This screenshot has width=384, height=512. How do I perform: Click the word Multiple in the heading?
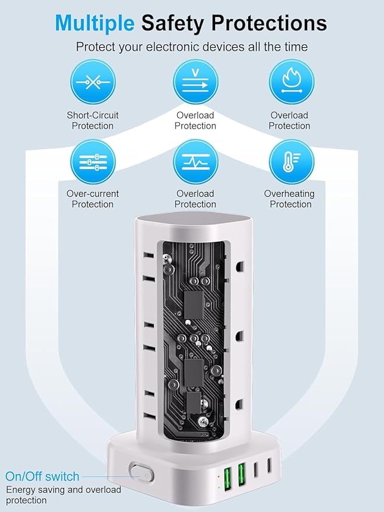click(x=95, y=23)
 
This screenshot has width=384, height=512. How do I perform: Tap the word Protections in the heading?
click(x=269, y=23)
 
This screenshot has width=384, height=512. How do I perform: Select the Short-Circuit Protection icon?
click(x=93, y=82)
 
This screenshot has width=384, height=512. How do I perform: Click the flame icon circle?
click(x=291, y=82)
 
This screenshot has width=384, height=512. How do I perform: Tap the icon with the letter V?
click(x=195, y=82)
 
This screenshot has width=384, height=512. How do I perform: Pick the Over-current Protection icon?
click(x=93, y=161)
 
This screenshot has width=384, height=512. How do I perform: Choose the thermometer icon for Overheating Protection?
click(x=291, y=161)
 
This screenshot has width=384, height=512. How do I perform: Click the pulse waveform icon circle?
click(x=195, y=161)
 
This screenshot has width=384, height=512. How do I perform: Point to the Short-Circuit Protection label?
click(x=93, y=121)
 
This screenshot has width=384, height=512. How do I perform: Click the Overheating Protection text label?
click(x=290, y=199)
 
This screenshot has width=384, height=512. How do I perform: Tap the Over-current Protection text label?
click(x=93, y=199)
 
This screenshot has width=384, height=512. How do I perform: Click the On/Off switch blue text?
click(x=42, y=476)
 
